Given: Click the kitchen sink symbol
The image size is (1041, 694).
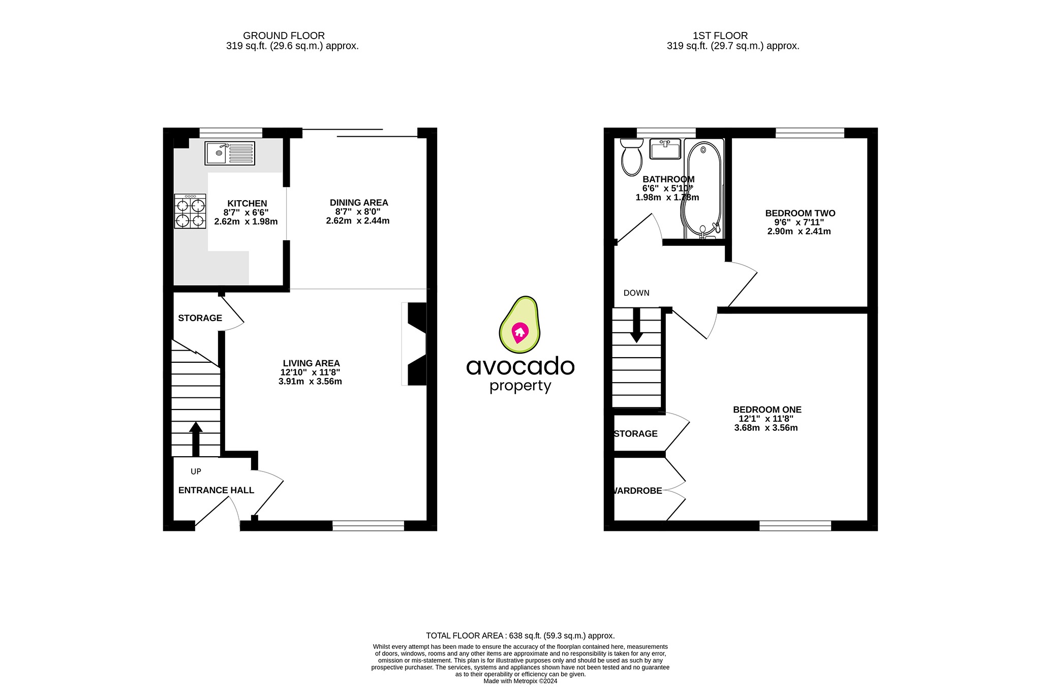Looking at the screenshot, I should [x=230, y=153].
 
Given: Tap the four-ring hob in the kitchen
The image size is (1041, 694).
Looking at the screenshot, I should [x=190, y=211].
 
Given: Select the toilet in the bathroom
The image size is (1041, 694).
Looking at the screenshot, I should [x=632, y=157].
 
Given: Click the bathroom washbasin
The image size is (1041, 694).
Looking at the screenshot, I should [x=665, y=149].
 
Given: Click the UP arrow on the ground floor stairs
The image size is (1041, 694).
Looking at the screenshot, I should [x=196, y=438].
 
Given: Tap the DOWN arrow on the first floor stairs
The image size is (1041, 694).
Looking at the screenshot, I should [x=636, y=325].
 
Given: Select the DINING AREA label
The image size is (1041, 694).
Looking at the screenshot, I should [x=359, y=203].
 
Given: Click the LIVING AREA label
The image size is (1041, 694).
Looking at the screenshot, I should [x=311, y=363].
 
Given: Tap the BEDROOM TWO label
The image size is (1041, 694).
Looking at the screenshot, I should [x=800, y=213].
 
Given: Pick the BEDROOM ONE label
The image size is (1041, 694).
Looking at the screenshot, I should [x=767, y=409].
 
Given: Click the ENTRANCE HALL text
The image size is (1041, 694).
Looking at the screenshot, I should [x=216, y=490].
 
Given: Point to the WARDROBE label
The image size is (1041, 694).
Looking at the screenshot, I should [x=638, y=491].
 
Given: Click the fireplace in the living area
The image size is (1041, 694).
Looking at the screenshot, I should [x=416, y=344].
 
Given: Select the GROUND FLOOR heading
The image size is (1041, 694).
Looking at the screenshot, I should [x=284, y=36].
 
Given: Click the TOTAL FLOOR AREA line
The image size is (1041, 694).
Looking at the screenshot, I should [x=520, y=636].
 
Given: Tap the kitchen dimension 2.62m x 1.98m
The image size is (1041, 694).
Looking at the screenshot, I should [x=246, y=222].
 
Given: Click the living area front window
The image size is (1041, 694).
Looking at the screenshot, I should [x=368, y=526].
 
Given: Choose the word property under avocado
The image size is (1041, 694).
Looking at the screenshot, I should [x=520, y=386].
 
